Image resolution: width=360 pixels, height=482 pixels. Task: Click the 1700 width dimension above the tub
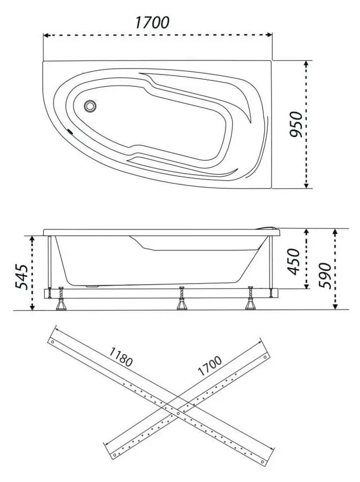(x=152, y=23)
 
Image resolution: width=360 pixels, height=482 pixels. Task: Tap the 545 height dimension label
(x=21, y=276)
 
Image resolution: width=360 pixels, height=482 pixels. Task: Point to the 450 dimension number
(x=294, y=261)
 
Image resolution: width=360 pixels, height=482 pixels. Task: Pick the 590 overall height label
(x=324, y=275)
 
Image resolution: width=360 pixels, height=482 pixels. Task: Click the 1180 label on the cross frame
(x=121, y=357)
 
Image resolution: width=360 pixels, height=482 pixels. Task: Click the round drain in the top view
(x=90, y=106)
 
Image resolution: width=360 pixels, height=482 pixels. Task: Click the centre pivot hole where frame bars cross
(x=178, y=413)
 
